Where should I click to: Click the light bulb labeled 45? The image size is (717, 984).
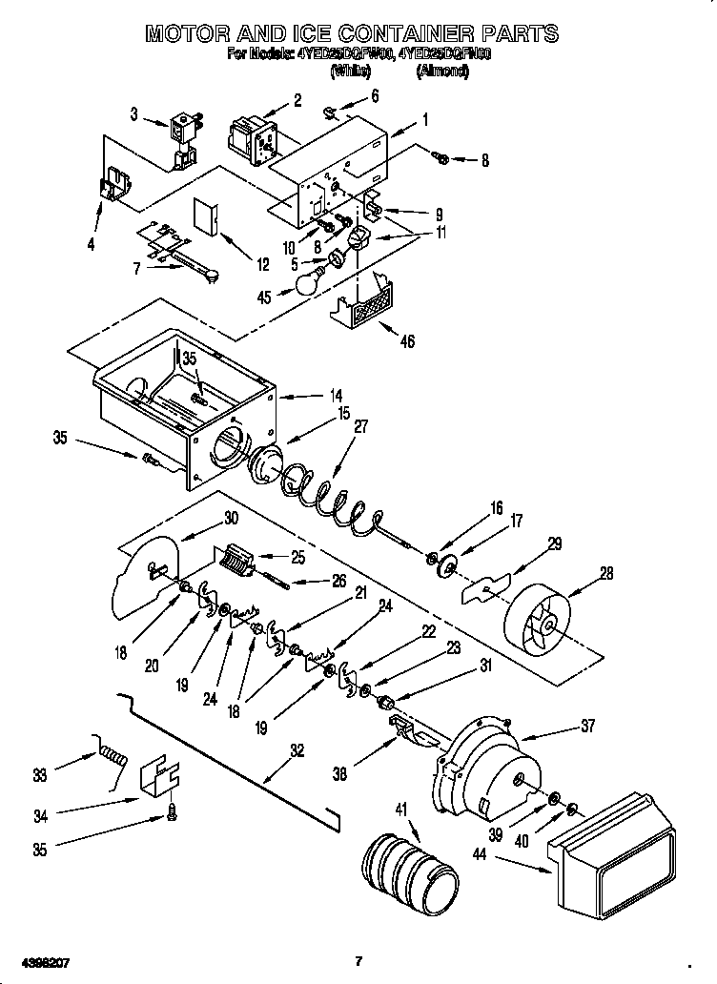[307, 283]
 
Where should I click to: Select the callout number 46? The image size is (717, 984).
[407, 341]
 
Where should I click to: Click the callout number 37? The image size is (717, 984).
[587, 727]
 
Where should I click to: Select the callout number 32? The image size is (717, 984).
[297, 750]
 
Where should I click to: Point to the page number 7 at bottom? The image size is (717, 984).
[358, 960]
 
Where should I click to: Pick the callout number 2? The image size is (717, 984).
[297, 100]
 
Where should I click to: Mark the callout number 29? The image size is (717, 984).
[554, 543]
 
